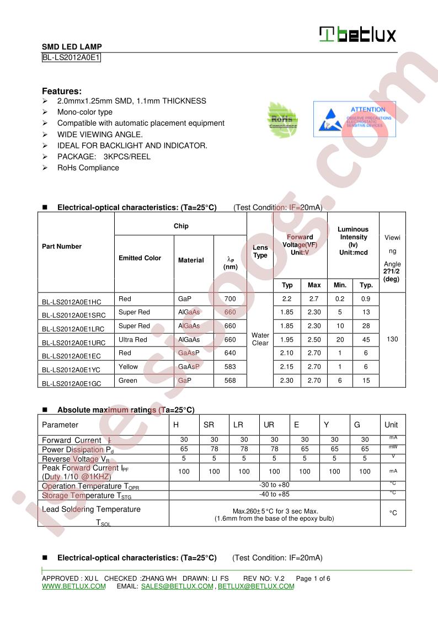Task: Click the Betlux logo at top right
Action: (x=357, y=35)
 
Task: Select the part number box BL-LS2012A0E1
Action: (x=71, y=57)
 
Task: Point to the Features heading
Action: (x=62, y=91)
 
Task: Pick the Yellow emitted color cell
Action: (x=129, y=366)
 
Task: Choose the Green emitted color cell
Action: (x=128, y=380)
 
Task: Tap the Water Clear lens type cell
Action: (x=260, y=339)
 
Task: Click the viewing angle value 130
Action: (x=392, y=339)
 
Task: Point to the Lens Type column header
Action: (x=260, y=252)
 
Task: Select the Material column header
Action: (x=191, y=260)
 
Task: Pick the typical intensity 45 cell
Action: (x=366, y=339)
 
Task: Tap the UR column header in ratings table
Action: (x=269, y=425)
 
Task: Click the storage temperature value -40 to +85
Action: (x=274, y=494)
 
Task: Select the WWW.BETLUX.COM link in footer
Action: (x=74, y=586)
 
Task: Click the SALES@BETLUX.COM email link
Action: (x=177, y=586)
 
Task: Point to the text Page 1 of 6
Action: (x=313, y=578)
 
